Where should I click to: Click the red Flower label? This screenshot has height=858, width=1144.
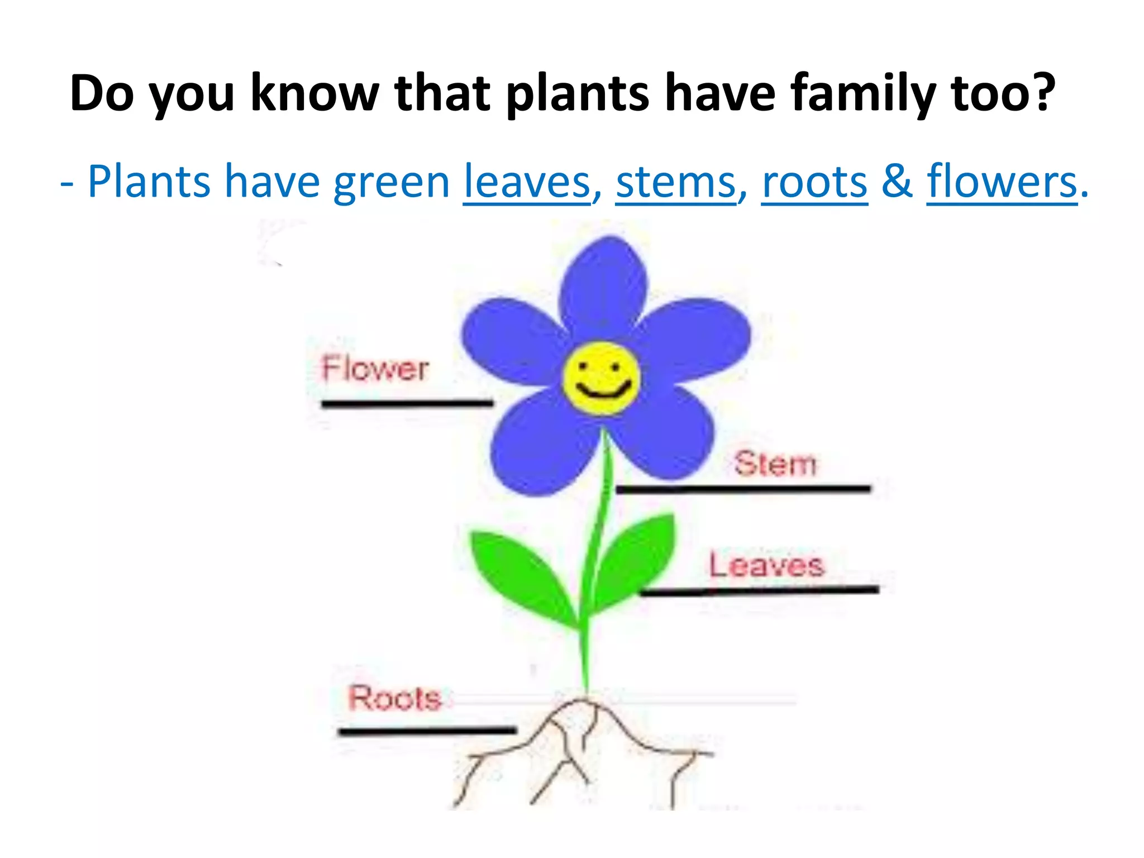(375, 369)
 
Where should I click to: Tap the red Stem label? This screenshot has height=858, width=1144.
(775, 464)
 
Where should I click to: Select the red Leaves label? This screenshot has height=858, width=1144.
(766, 565)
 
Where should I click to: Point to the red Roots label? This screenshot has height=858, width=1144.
(394, 698)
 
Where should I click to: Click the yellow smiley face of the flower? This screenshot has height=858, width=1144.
(601, 379)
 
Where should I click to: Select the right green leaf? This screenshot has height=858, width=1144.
(637, 559)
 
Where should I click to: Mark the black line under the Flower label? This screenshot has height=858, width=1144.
(407, 403)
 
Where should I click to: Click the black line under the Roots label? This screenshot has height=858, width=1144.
(427, 731)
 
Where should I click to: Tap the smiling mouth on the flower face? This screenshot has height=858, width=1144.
(603, 390)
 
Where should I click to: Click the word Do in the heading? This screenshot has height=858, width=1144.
(102, 93)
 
